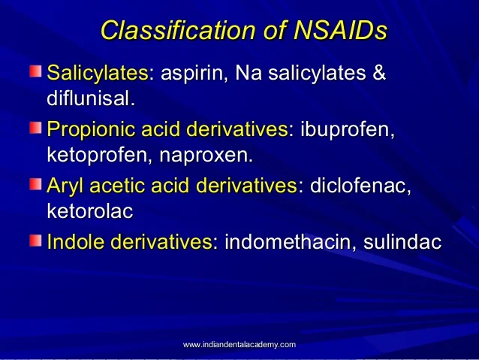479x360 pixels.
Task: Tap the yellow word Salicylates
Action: (x=97, y=74)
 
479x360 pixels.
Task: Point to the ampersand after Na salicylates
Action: (x=379, y=74)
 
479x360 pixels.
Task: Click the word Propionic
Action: (x=93, y=130)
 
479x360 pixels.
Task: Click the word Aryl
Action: (x=65, y=186)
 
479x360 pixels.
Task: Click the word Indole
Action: (x=76, y=243)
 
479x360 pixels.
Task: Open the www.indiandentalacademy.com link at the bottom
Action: (x=239, y=343)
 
